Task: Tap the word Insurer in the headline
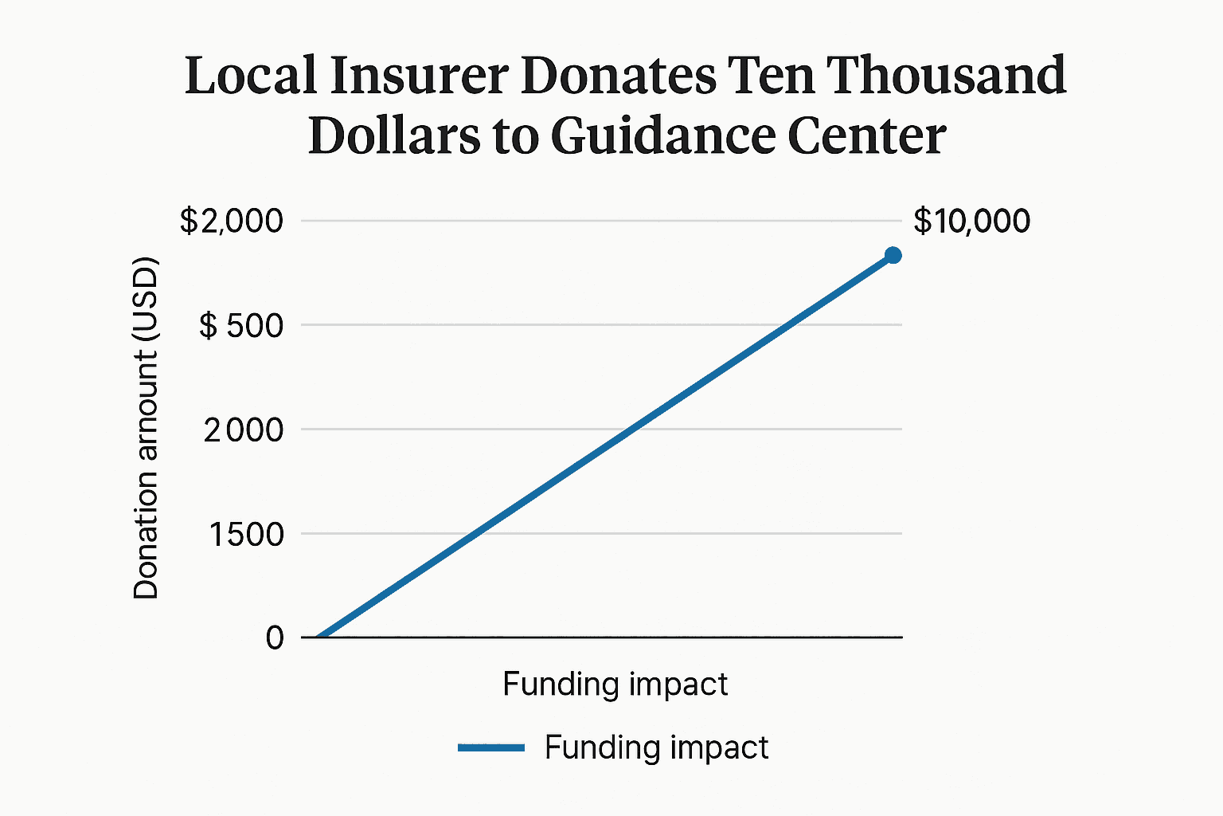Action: (x=419, y=76)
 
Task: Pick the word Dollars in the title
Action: (x=394, y=135)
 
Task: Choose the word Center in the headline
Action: (x=866, y=135)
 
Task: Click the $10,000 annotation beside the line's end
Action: (x=971, y=221)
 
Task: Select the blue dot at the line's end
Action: (x=893, y=255)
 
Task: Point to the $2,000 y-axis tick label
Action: (x=231, y=221)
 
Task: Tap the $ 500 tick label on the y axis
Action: (x=240, y=325)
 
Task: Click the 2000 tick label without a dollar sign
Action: (x=243, y=430)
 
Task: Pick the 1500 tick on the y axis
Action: (x=246, y=534)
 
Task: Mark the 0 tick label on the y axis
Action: (x=275, y=637)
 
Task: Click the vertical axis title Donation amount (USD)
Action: (x=147, y=429)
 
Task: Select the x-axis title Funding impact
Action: (x=615, y=684)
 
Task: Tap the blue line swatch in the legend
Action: (x=491, y=747)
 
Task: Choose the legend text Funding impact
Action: (x=656, y=747)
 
